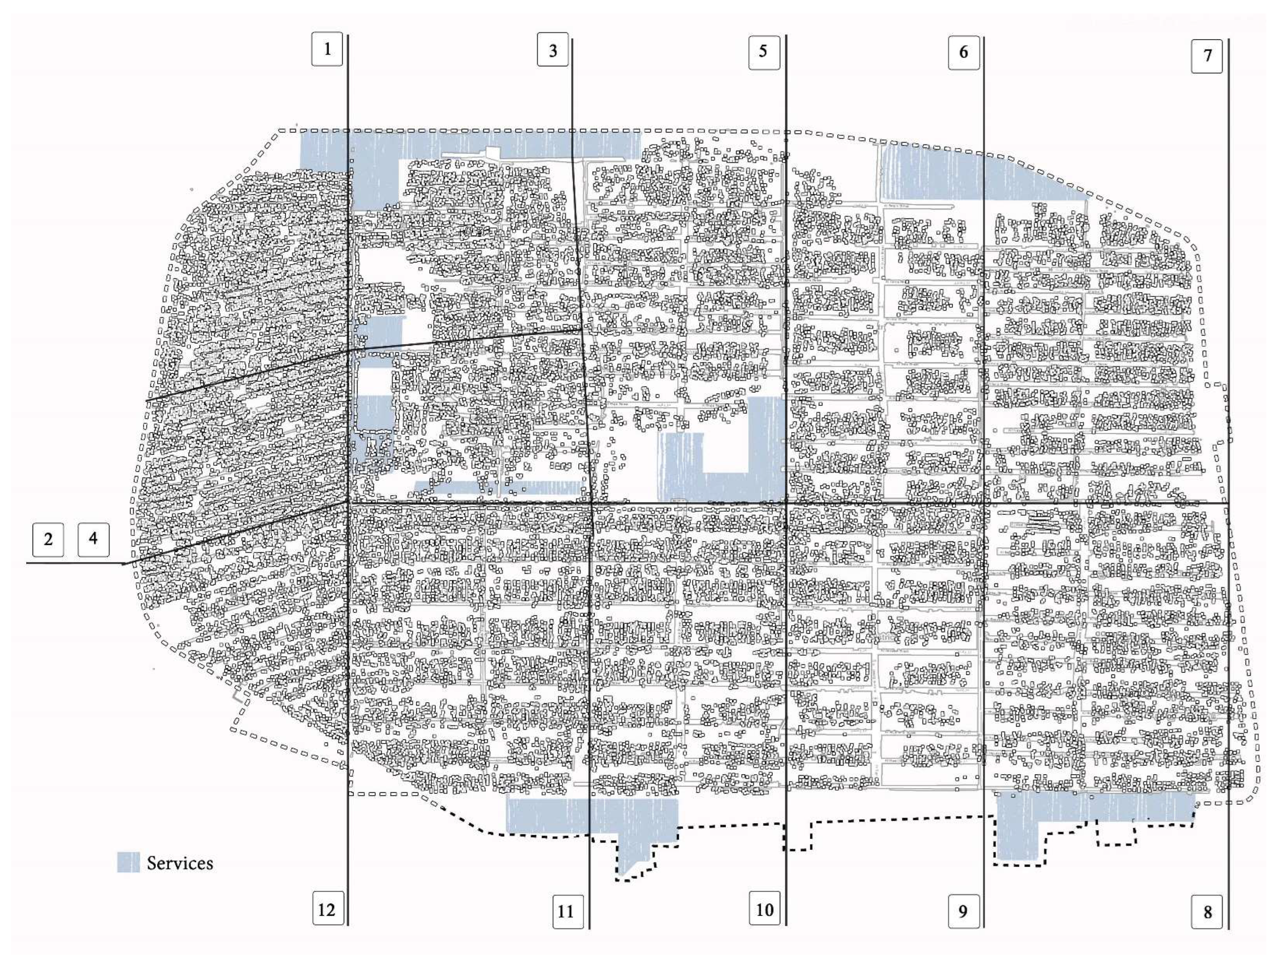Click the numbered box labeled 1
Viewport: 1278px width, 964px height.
pyautogui.click(x=327, y=49)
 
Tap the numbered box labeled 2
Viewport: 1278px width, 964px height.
pyautogui.click(x=48, y=540)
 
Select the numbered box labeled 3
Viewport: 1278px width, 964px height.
pyautogui.click(x=553, y=50)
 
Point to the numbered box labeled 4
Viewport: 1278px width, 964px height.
pyautogui.click(x=93, y=539)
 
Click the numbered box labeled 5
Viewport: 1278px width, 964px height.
pyautogui.click(x=764, y=52)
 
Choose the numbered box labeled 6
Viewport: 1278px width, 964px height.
pyautogui.click(x=964, y=52)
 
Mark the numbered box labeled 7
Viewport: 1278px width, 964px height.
pyautogui.click(x=1207, y=56)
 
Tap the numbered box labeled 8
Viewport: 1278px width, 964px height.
pyautogui.click(x=1207, y=913)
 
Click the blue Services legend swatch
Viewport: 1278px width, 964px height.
pyautogui.click(x=128, y=863)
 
